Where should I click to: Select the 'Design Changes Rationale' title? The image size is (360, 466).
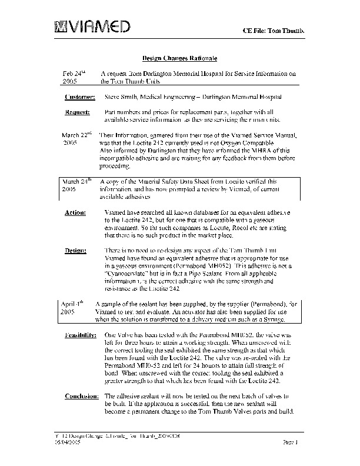coord(181,59)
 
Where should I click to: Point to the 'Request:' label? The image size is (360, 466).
coord(77,111)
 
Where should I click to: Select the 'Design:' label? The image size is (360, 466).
coord(76,250)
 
